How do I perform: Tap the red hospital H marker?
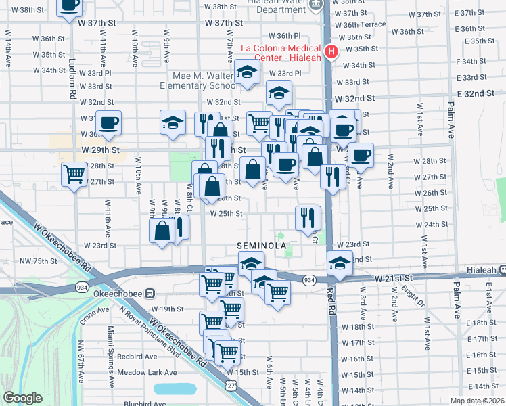[x=331, y=51]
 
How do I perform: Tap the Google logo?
[x=22, y=398]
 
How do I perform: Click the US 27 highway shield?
[x=231, y=384]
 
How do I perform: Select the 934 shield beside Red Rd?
[x=309, y=279]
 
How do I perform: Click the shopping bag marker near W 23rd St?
[x=162, y=231]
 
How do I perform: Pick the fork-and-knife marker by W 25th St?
[x=308, y=218]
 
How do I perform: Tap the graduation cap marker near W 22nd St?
[x=340, y=263]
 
